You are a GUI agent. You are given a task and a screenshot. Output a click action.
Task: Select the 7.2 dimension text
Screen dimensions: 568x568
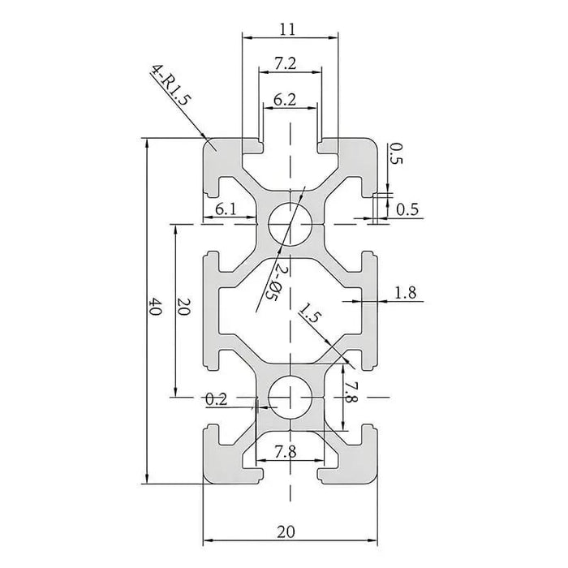289,62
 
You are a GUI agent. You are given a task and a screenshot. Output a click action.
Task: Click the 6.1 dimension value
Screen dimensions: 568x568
226,209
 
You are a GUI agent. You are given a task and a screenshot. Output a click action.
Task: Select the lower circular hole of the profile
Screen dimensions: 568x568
289,397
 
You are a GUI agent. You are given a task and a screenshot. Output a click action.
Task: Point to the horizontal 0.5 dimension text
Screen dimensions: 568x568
410,209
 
